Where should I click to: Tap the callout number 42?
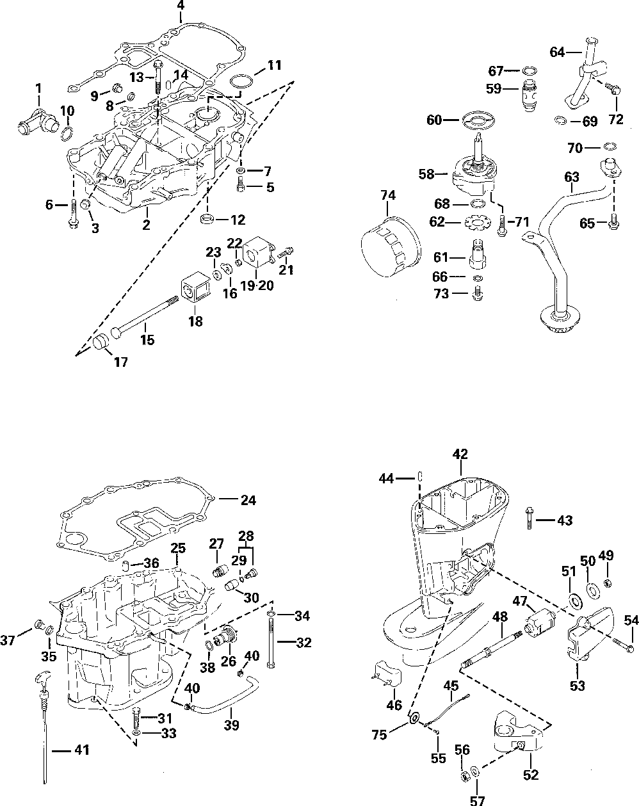[x=460, y=455]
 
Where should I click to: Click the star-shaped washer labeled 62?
[x=475, y=223]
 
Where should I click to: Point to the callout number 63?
[x=572, y=177]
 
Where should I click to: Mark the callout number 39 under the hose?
[x=232, y=725]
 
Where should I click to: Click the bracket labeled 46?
[x=387, y=675]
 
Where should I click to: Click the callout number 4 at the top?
[x=181, y=6]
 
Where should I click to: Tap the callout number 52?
[x=530, y=775]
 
